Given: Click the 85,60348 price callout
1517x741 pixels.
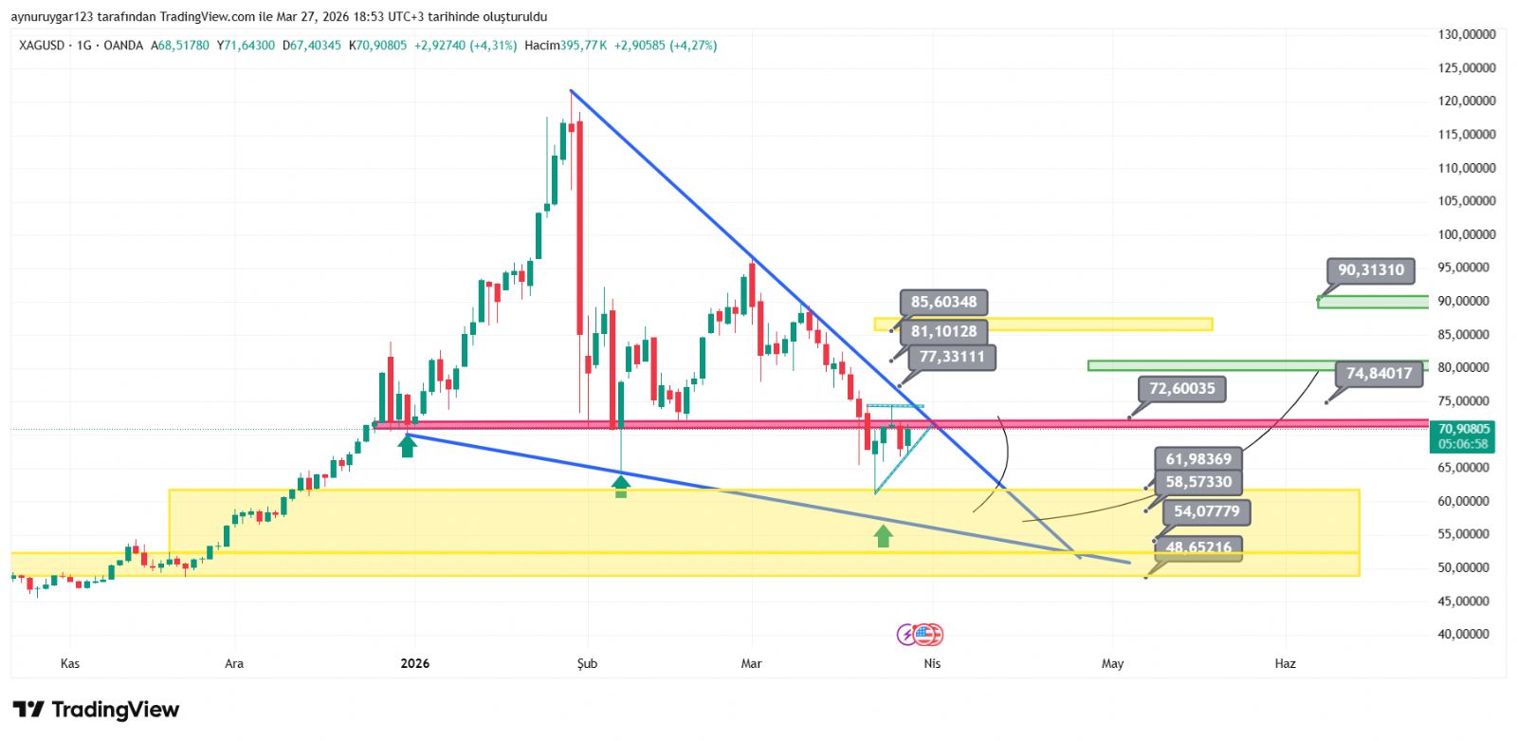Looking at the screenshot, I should point(943,303).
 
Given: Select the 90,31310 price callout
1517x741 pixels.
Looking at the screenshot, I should point(1370,270).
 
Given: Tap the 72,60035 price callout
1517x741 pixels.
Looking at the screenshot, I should point(1181,389).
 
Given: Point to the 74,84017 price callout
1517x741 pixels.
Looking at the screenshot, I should point(1379,374).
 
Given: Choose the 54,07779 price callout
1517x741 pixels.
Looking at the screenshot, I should point(1206,512).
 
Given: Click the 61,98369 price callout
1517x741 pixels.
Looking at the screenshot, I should point(1198,459).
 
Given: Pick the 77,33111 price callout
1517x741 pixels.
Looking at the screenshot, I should point(951,357).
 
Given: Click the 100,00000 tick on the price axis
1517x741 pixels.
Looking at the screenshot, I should point(1466,234).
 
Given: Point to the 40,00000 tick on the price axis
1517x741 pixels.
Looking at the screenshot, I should point(1466,634).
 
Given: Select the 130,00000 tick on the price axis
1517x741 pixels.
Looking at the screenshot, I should point(1466,34).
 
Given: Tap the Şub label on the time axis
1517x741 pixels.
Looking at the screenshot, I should point(587,663).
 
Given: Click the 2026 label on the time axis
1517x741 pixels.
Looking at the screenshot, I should point(414,663).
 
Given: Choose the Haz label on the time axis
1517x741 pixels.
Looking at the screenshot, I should point(1285,663).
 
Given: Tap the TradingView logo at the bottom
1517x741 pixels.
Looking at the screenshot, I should point(96,710).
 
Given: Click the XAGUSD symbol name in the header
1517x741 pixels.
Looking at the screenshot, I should point(42,46).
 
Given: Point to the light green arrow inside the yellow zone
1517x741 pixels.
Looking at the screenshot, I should point(883,536).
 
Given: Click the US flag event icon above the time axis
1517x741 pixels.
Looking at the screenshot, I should point(928,635).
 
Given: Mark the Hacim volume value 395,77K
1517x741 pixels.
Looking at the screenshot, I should point(583,46).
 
